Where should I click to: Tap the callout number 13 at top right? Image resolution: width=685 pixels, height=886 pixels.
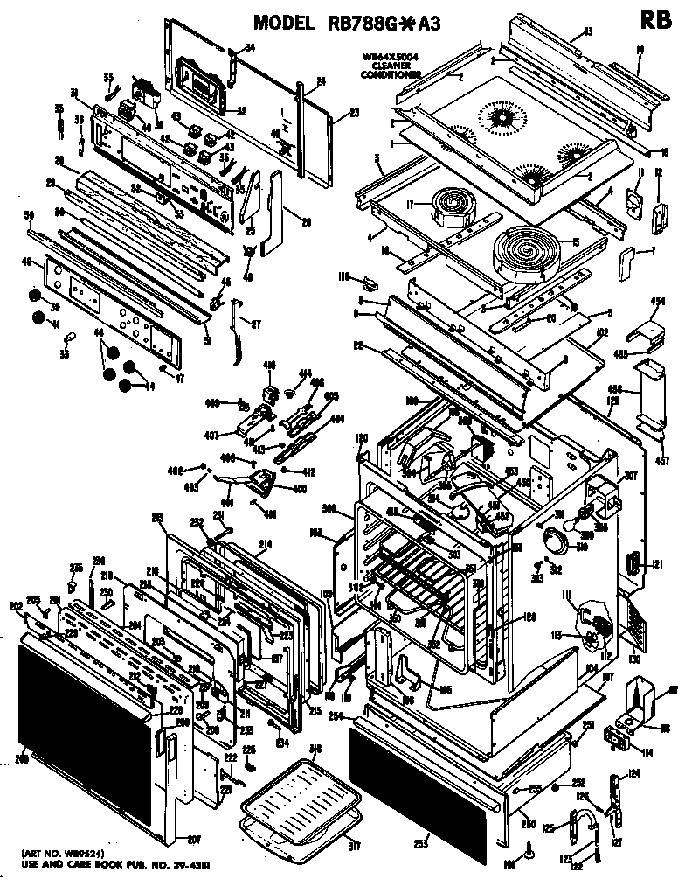tap(588, 32)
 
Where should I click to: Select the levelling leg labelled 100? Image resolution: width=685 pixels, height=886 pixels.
tap(531, 846)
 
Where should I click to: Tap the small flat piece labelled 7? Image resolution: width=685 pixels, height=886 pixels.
tap(625, 261)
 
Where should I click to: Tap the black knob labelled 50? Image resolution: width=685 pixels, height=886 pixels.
tap(35, 295)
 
